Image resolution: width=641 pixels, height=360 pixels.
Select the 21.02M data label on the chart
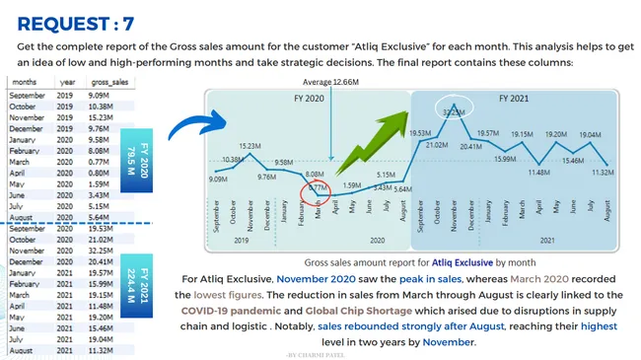pyautogui.click(x=436, y=145)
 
